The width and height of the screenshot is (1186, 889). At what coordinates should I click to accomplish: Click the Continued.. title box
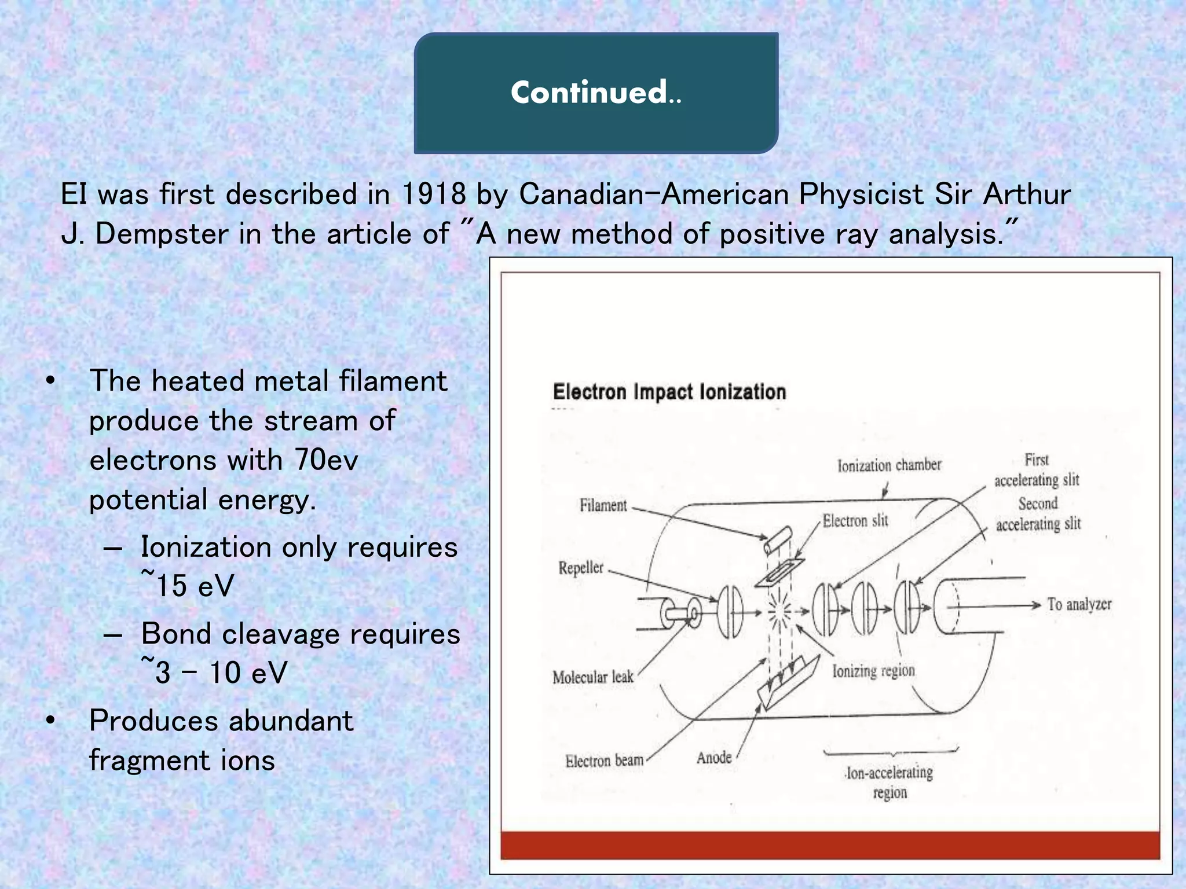pos(596,93)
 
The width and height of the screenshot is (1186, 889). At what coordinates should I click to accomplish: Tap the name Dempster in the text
pos(162,234)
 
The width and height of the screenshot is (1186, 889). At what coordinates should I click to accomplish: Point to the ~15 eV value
pos(188,584)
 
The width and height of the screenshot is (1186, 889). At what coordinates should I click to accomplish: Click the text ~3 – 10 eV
pos(214,671)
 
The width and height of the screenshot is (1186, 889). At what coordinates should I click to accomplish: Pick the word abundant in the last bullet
pos(291,721)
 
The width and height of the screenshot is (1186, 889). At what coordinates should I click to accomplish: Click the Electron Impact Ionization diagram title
pos(669,392)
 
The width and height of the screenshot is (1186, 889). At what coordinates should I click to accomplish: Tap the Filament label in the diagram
pos(603,505)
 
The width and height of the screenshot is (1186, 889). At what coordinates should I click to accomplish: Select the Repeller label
pos(581,568)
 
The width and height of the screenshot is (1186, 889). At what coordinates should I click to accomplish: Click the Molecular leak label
pos(592,677)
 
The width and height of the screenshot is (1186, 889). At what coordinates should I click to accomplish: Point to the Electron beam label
pos(604,760)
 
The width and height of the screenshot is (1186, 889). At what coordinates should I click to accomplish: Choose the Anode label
pos(713,757)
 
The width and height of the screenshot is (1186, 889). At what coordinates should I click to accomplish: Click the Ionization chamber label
pos(889,465)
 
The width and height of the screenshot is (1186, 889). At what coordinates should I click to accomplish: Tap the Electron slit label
pos(855,520)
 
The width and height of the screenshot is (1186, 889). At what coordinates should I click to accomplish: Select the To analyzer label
pos(1079,604)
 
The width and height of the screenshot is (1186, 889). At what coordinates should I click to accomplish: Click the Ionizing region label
pos(873,670)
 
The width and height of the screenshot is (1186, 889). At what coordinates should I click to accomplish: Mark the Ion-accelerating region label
pos(889,782)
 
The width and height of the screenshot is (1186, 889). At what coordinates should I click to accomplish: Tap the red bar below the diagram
pos(830,846)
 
